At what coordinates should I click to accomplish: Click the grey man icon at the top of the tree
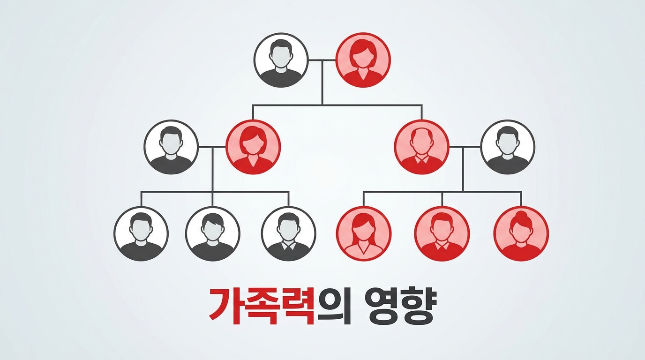(281, 60)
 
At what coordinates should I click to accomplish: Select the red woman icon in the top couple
(363, 60)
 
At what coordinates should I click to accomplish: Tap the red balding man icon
(421, 147)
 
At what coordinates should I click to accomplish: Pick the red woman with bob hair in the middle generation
(253, 147)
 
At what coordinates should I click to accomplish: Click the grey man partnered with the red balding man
(508, 147)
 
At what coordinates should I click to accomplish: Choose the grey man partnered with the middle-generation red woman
(171, 147)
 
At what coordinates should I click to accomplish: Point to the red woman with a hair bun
(521, 233)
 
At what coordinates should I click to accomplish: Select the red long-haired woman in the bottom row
(364, 233)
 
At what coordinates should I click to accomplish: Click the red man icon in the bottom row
(442, 233)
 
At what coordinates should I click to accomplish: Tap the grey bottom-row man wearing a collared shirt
(289, 233)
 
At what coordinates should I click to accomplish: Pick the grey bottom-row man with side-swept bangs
(213, 233)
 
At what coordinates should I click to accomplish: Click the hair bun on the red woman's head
(521, 215)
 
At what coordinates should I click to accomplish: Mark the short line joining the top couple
(322, 60)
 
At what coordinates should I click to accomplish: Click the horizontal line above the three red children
(442, 191)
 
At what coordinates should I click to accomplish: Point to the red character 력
(298, 307)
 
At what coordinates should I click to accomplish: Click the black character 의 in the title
(333, 306)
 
